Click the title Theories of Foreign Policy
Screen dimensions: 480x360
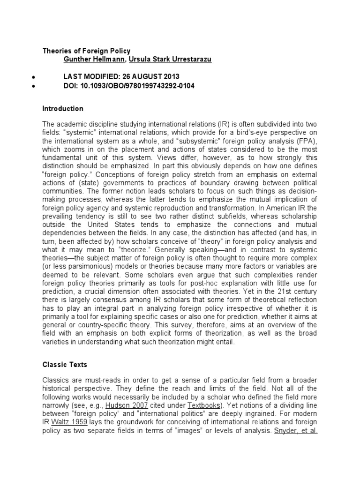[x=87, y=51]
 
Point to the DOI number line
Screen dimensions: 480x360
[x=129, y=86]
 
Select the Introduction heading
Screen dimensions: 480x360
[x=63, y=109]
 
